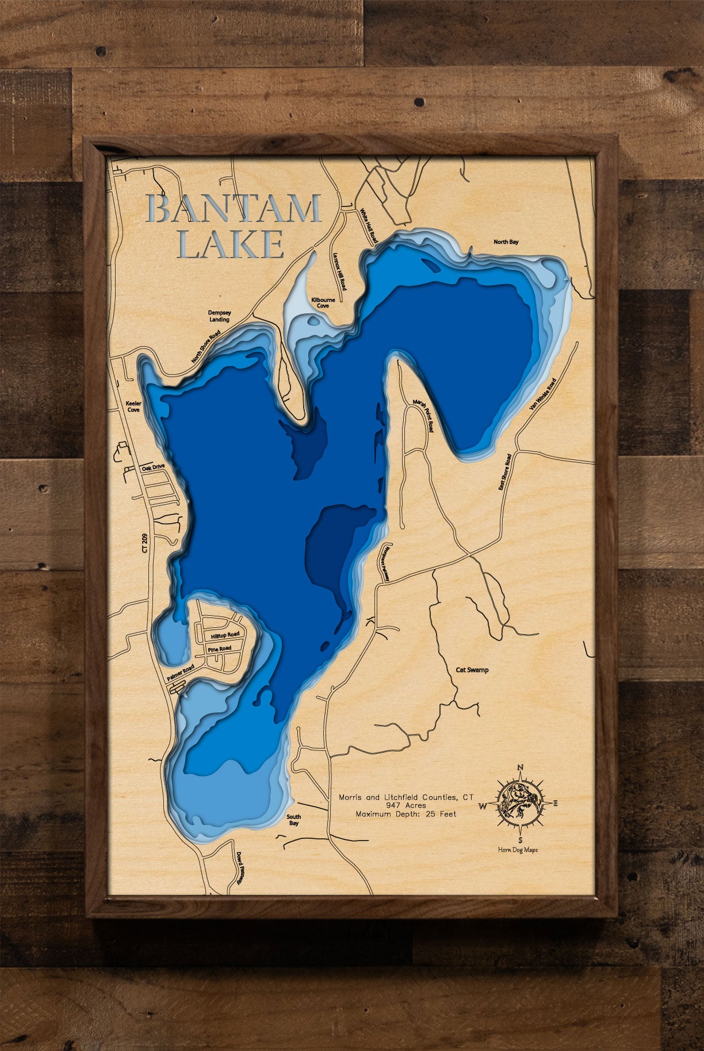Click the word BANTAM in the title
pos(234,209)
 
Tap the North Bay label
pos(506,242)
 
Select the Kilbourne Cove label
pos(323,303)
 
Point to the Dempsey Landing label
pos(219,316)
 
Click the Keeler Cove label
pos(133,406)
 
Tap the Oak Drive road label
pos(153,467)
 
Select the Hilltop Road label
pos(225,635)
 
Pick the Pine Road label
pos(219,649)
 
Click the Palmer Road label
pos(181,673)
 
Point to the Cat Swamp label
pos(472,670)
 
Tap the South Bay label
pos(293,820)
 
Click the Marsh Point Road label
pos(423,416)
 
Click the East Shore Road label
pos(505,472)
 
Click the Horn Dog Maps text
pos(518,849)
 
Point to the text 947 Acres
pos(406,805)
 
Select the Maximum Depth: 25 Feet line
pos(406,814)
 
